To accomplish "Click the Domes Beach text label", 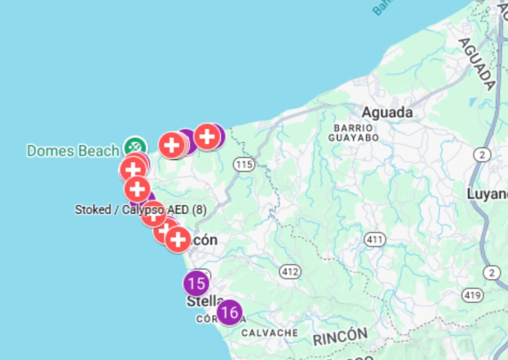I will tap(73, 151).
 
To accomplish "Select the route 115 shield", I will tap(245, 164).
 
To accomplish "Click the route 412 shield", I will tap(290, 271).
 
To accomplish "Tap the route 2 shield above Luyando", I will tap(482, 155).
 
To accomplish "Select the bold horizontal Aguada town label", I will tap(387, 113).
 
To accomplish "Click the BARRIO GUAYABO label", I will tap(354, 133).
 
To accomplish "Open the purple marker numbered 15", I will tap(196, 284).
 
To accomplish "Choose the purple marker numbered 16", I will tap(229, 312).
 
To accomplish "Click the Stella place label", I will tap(205, 301).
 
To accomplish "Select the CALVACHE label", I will tap(270, 333).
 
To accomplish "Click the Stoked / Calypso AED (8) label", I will tap(140, 210).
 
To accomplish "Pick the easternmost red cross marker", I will tap(206, 136).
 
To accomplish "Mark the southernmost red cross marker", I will tap(178, 240).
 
